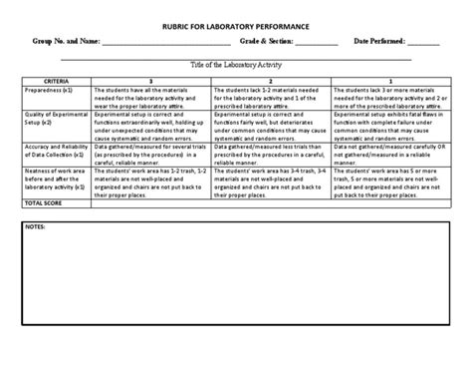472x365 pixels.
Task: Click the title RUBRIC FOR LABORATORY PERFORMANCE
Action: click(235, 23)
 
